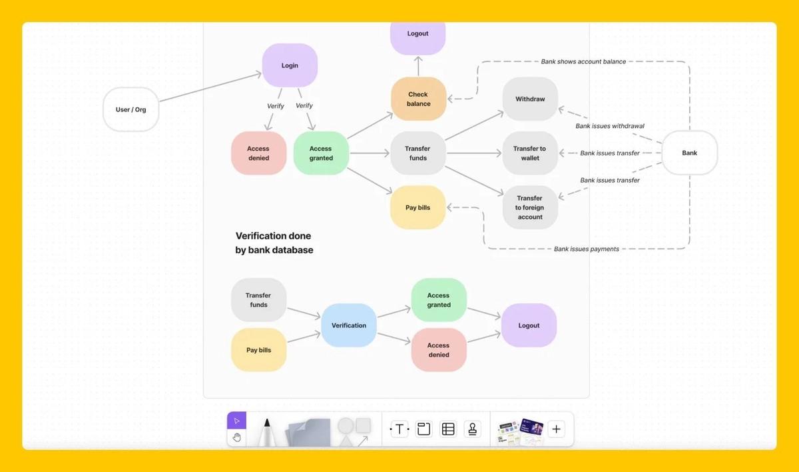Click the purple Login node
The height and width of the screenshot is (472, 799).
tap(290, 65)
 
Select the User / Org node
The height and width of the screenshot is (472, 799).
tap(131, 109)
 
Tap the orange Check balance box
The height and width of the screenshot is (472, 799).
tap(418, 99)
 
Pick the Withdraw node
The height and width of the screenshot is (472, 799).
tap(530, 99)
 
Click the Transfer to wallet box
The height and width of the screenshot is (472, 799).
tap(530, 153)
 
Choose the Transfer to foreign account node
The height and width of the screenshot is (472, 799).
tap(530, 207)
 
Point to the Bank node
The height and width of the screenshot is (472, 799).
tap(690, 153)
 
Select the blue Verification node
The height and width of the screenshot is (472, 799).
tap(349, 325)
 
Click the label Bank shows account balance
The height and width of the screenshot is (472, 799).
tap(583, 61)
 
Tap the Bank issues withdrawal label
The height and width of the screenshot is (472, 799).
tap(610, 126)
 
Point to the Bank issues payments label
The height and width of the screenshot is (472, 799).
tap(587, 249)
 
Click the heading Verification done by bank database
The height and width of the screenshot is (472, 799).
tap(274, 243)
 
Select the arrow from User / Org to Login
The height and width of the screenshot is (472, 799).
tap(210, 87)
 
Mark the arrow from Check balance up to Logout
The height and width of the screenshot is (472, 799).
tap(418, 66)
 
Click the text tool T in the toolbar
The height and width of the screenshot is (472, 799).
tap(400, 429)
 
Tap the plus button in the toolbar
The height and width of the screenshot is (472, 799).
tap(556, 429)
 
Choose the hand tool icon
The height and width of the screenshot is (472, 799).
tap(236, 437)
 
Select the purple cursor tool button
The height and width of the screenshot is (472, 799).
tap(236, 421)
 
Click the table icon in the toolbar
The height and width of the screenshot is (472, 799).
tap(448, 429)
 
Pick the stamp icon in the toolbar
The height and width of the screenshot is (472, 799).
tap(473, 429)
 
